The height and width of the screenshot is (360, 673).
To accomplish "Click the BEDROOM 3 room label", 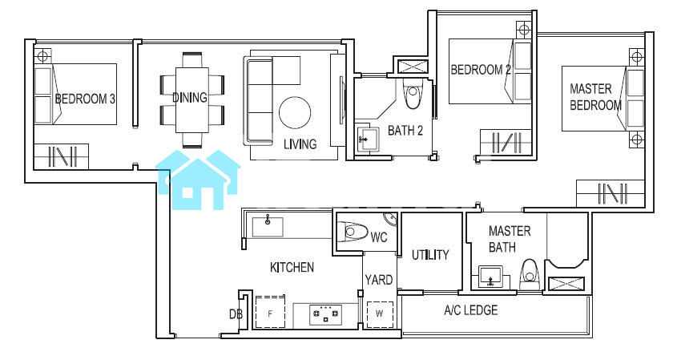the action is pos(85,99).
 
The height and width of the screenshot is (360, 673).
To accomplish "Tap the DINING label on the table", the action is pos(190,98).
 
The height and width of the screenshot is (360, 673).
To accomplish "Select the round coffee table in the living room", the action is pos(295,112).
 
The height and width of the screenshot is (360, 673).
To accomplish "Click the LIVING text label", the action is pos(300,144).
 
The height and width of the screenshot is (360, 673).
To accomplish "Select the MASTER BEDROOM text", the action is pos(595,97).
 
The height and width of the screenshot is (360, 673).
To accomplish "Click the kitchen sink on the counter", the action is pos(268,227).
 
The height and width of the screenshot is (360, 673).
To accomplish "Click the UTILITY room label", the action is pos(430,255).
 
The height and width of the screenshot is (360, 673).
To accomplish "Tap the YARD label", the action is pos(378,280).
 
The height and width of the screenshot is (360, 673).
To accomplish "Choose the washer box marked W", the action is pos(380,314).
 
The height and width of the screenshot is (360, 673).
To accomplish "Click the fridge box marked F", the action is pos(271,313).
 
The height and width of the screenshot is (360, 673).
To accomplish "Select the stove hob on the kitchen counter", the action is pos(326,314).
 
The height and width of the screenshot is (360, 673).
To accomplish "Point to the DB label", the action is pos(236,314).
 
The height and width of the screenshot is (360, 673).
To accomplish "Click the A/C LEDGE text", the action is pos(471,310).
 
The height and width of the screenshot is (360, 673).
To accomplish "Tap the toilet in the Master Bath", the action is pos(528,274).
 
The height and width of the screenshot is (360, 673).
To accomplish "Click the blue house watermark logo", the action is pos(198,180).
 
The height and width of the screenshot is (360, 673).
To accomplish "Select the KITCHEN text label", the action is pos(292,268).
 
